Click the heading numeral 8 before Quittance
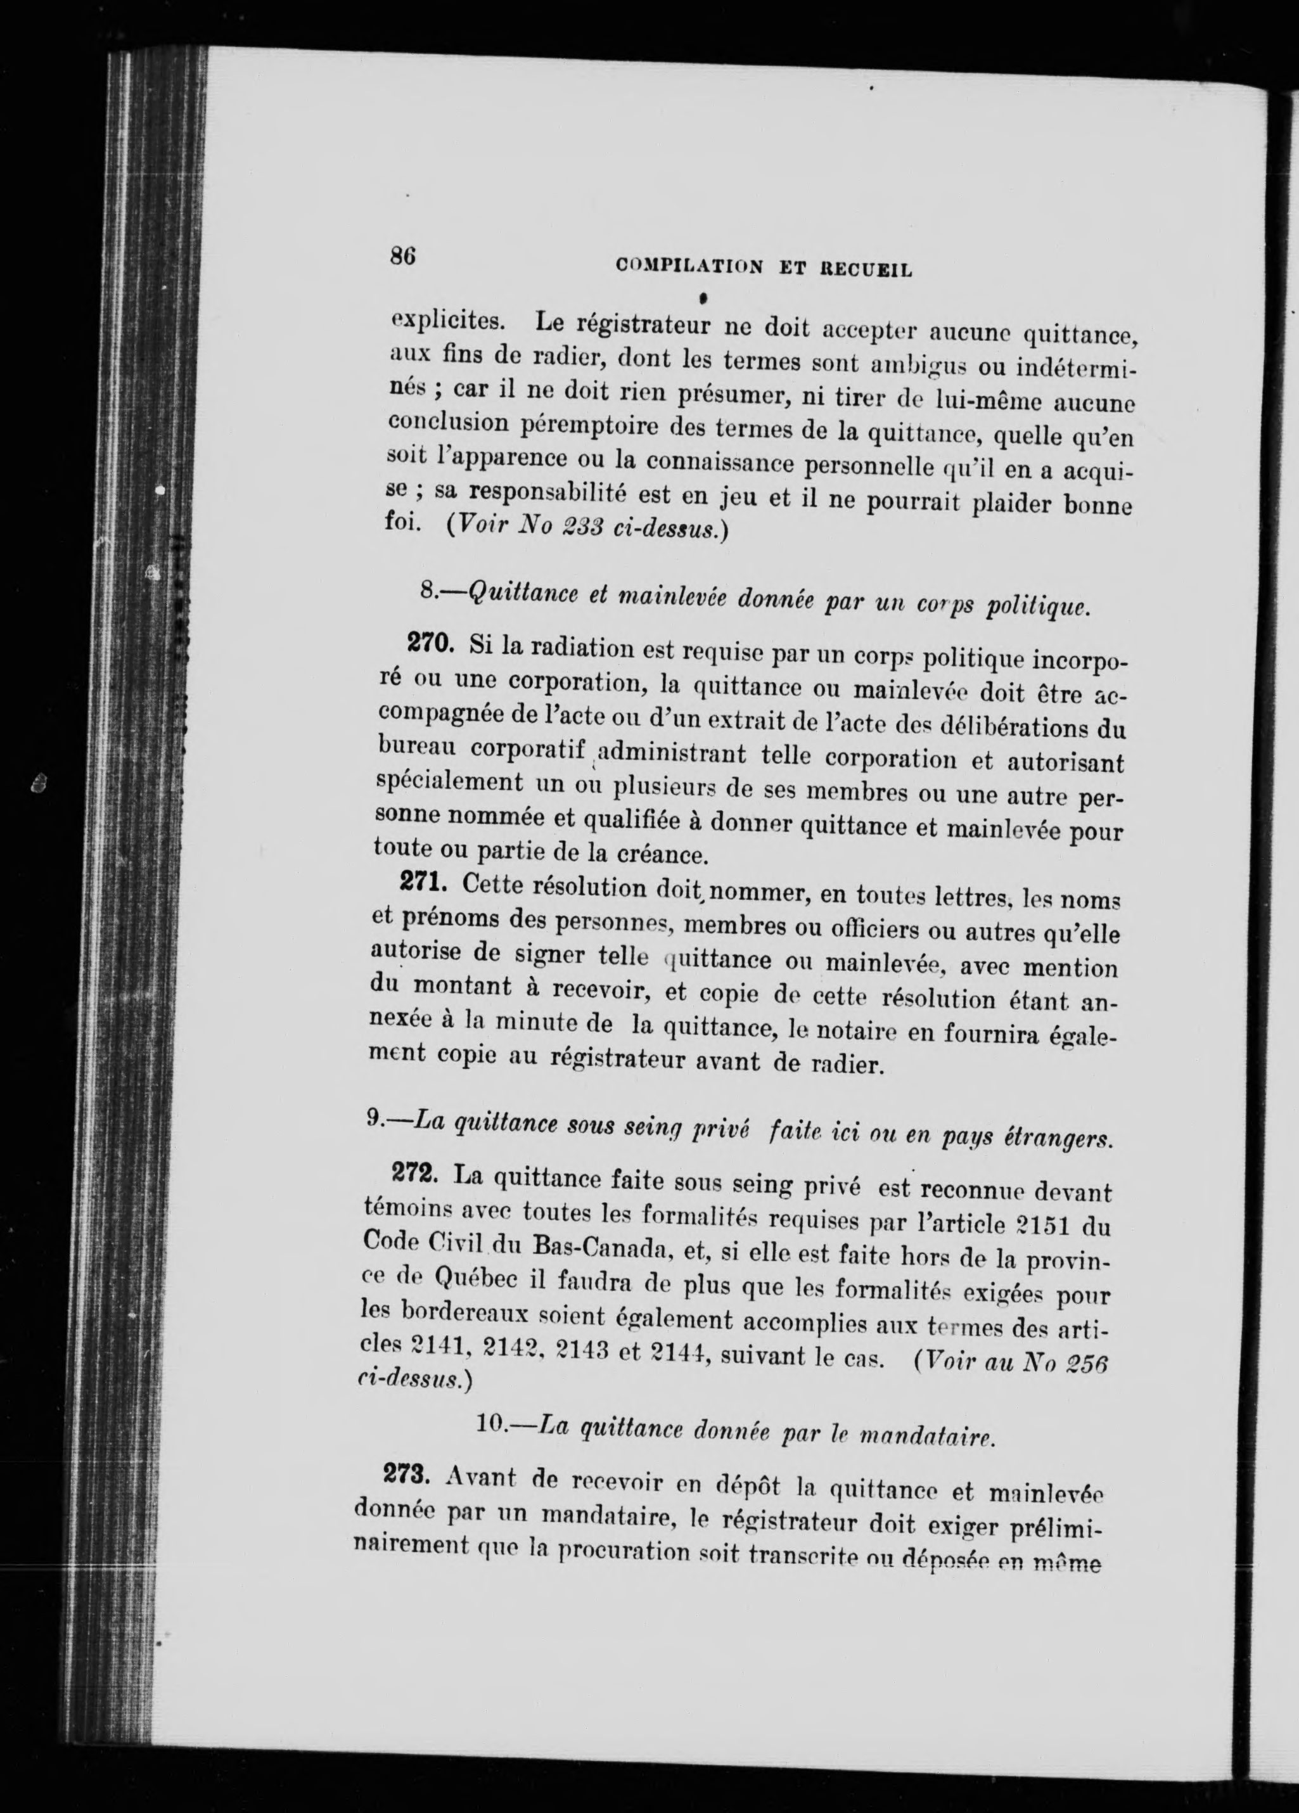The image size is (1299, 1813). coord(427,590)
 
